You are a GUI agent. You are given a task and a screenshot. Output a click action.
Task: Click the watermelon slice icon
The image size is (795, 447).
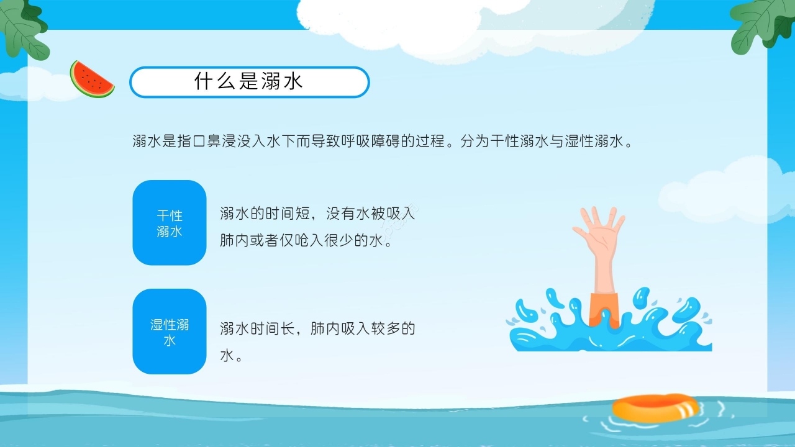[x=91, y=80]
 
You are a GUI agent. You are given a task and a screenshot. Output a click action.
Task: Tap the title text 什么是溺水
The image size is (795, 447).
[x=248, y=82]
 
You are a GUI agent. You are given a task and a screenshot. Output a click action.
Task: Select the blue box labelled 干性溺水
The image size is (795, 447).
[x=169, y=223]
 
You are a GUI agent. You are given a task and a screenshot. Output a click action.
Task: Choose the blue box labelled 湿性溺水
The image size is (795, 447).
[x=169, y=332]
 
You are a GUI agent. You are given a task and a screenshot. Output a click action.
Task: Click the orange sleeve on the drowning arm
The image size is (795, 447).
[x=604, y=308]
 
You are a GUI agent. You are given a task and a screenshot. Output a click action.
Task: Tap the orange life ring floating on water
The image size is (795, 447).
[x=655, y=408]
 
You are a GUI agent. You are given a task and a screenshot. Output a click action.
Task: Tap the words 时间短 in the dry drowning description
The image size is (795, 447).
[x=284, y=214]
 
